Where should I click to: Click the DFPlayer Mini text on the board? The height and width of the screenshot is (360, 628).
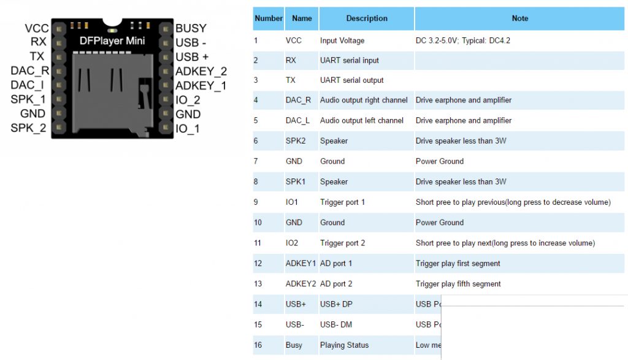click(x=112, y=41)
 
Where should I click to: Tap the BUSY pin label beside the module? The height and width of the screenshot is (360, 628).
click(x=191, y=28)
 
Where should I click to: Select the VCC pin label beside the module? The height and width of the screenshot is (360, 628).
click(x=37, y=28)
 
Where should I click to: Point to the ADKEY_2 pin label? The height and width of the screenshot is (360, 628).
click(x=201, y=71)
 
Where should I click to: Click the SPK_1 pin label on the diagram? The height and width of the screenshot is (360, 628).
click(x=28, y=99)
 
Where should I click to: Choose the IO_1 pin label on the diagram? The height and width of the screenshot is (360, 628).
click(x=187, y=129)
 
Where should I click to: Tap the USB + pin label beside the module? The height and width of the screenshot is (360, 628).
click(x=192, y=56)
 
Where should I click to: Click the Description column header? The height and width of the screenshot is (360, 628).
click(x=367, y=18)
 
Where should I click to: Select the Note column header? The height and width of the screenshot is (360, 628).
click(x=519, y=18)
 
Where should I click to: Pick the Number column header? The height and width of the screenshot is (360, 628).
click(x=269, y=18)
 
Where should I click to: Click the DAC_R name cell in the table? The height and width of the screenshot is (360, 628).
click(x=298, y=100)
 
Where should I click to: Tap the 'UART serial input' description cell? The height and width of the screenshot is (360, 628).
click(x=350, y=60)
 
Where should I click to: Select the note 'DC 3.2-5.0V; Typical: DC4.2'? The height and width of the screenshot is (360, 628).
click(x=462, y=40)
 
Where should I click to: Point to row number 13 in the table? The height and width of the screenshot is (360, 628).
click(x=258, y=284)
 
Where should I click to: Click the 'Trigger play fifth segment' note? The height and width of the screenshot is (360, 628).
click(x=458, y=284)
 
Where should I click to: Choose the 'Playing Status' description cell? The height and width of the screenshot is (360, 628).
click(x=344, y=345)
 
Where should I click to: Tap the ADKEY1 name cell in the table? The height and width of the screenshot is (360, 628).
click(x=301, y=264)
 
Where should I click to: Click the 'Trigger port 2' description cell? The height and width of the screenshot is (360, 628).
click(x=342, y=243)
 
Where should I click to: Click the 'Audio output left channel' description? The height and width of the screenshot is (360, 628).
click(x=362, y=120)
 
